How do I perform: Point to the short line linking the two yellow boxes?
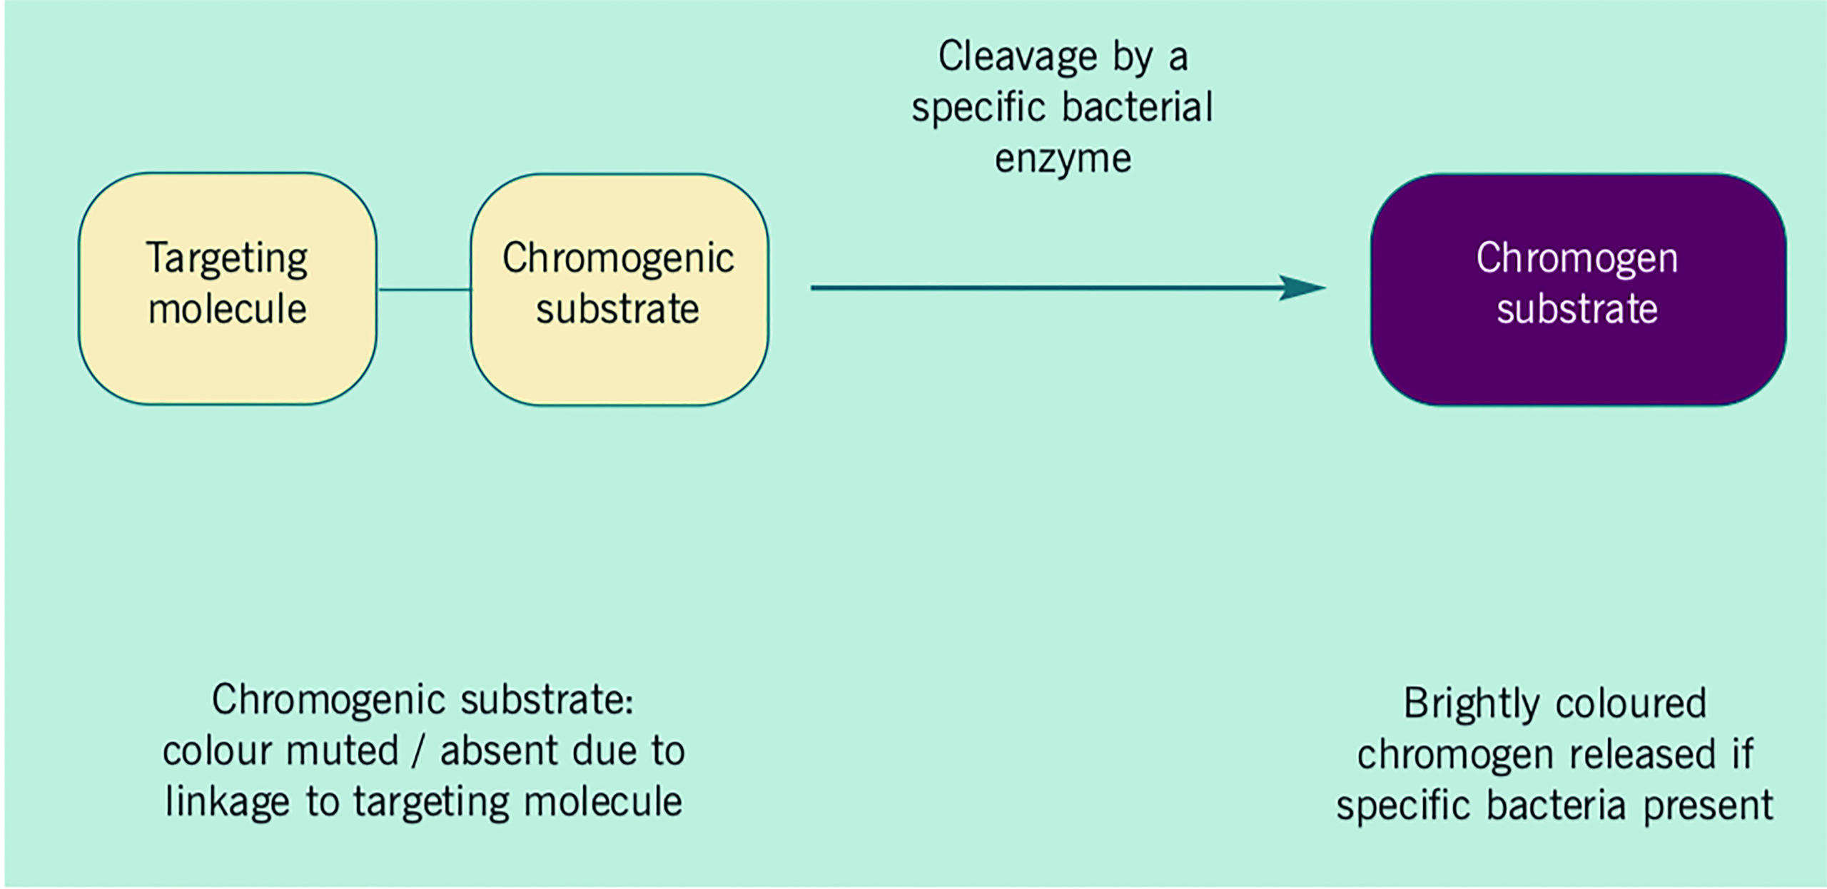424,290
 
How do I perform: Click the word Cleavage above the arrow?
1017,57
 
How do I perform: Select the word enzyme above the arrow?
1063,159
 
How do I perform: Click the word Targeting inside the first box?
227,259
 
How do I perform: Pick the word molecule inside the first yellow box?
227,310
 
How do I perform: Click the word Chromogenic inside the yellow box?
618,259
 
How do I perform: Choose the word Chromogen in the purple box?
1577,258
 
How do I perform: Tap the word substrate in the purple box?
1577,310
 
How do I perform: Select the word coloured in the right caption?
1631,704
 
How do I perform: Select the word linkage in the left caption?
227,803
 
